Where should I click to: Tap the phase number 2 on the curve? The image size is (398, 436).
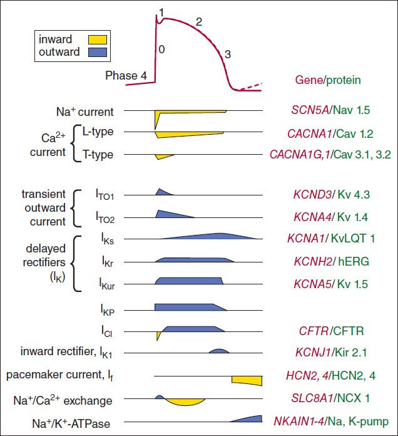pyautogui.click(x=199, y=23)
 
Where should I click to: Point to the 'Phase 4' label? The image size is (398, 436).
pyautogui.click(x=126, y=76)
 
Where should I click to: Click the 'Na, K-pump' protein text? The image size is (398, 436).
pyautogui.click(x=367, y=421)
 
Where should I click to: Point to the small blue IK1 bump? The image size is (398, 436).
pyautogui.click(x=218, y=351)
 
